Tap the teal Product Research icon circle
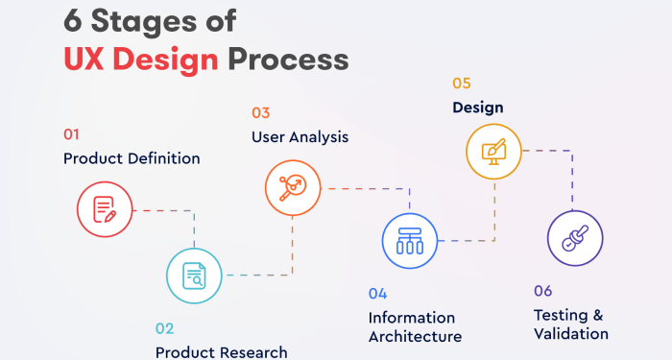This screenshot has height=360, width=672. tap(194, 276)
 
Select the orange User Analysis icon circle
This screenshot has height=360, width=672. tap(292, 188)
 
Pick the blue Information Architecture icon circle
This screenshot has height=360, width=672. tap(409, 240)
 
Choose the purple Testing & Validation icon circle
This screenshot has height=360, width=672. tap(574, 238)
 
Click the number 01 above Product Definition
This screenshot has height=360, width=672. tap(72, 133)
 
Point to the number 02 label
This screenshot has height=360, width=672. tap(165, 328)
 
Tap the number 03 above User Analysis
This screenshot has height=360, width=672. tap(261, 112)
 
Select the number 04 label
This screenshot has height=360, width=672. tap(378, 293)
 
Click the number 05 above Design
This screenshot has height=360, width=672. tap(463, 84)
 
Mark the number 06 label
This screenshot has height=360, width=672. tap(544, 290)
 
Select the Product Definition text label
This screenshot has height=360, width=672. tap(132, 158)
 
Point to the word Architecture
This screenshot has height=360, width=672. tap(415, 337)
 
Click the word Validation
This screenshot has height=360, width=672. tap(571, 334)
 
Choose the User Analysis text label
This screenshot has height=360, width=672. tap(300, 136)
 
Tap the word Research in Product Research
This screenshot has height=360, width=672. tap(253, 352)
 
